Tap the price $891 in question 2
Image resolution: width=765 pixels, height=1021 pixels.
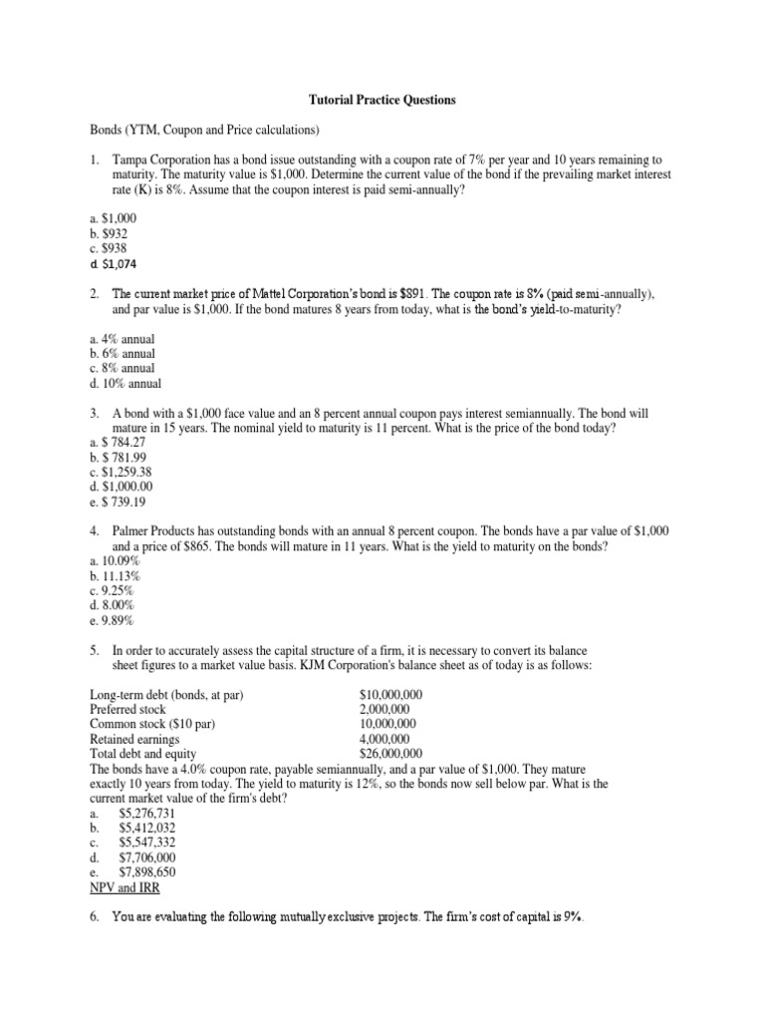tap(410, 295)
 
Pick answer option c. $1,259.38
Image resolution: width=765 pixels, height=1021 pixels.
tap(124, 472)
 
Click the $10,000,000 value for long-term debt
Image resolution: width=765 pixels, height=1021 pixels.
tap(390, 694)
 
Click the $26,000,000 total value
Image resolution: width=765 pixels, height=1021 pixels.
tap(390, 754)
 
